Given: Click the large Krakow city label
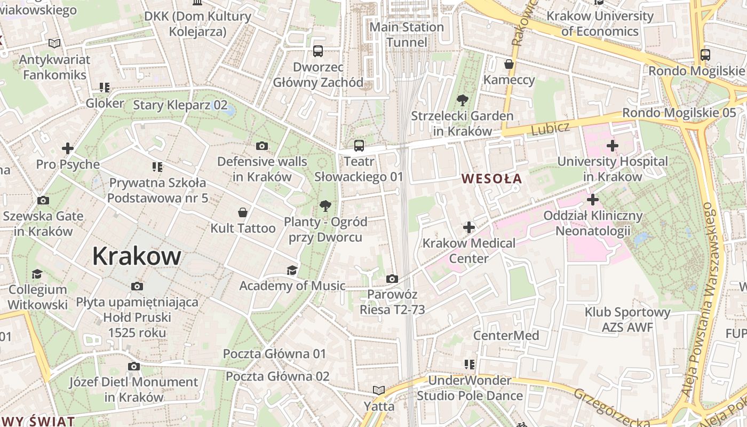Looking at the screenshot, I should coord(137,256).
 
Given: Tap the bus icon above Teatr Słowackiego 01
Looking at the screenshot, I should coord(359,145).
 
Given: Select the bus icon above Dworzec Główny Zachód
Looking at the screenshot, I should coord(318,51).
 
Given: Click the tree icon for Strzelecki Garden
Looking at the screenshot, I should coord(462,100).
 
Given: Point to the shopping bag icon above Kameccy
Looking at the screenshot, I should coord(509,64).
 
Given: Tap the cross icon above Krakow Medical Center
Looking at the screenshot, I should coord(468,227).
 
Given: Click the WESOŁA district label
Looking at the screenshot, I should coord(491,179).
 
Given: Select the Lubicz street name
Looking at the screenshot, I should coord(550,128).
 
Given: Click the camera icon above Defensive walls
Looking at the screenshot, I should coord(262,146).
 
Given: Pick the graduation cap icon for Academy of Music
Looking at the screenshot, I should coord(292,270).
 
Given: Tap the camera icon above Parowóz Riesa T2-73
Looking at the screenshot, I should coord(392,279).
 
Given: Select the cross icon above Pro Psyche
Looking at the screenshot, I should coord(68,148).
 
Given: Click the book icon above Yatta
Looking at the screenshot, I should coord(379,391).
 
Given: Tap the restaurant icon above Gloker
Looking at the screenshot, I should coord(105,87).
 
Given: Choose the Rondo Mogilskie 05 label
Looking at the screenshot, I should coord(679,113).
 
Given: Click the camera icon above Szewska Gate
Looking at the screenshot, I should coord(43,201).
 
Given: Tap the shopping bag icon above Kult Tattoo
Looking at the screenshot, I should coord(243,212).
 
